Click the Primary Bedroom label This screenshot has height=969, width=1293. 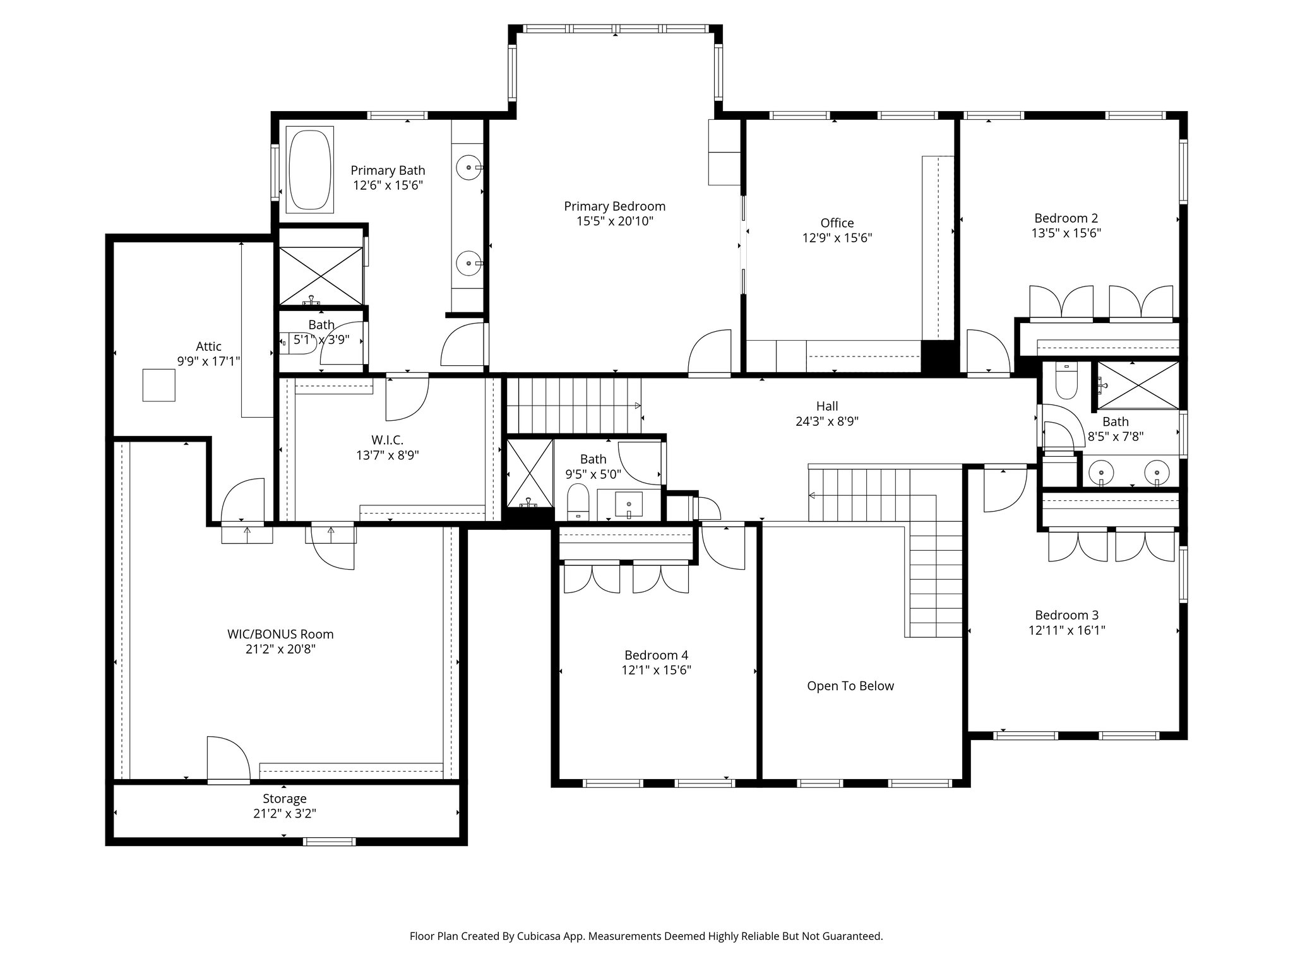[614, 206]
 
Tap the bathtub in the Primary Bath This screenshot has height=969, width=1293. [309, 170]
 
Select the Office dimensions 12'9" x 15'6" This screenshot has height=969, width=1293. [837, 238]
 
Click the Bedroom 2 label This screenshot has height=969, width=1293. [1066, 218]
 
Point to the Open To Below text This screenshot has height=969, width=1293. [850, 686]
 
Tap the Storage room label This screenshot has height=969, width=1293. [285, 799]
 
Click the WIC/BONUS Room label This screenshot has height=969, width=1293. [280, 634]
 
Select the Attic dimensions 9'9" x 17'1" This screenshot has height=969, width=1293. [208, 361]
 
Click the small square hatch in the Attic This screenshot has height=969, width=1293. [158, 385]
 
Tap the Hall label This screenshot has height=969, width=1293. [827, 406]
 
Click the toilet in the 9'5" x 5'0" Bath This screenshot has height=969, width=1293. [578, 502]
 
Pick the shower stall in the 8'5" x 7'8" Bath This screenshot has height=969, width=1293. [1138, 385]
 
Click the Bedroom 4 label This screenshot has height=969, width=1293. [656, 655]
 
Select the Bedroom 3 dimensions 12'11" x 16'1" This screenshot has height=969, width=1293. [1066, 630]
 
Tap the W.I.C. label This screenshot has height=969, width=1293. [387, 440]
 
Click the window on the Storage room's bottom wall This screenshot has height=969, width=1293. [329, 841]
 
